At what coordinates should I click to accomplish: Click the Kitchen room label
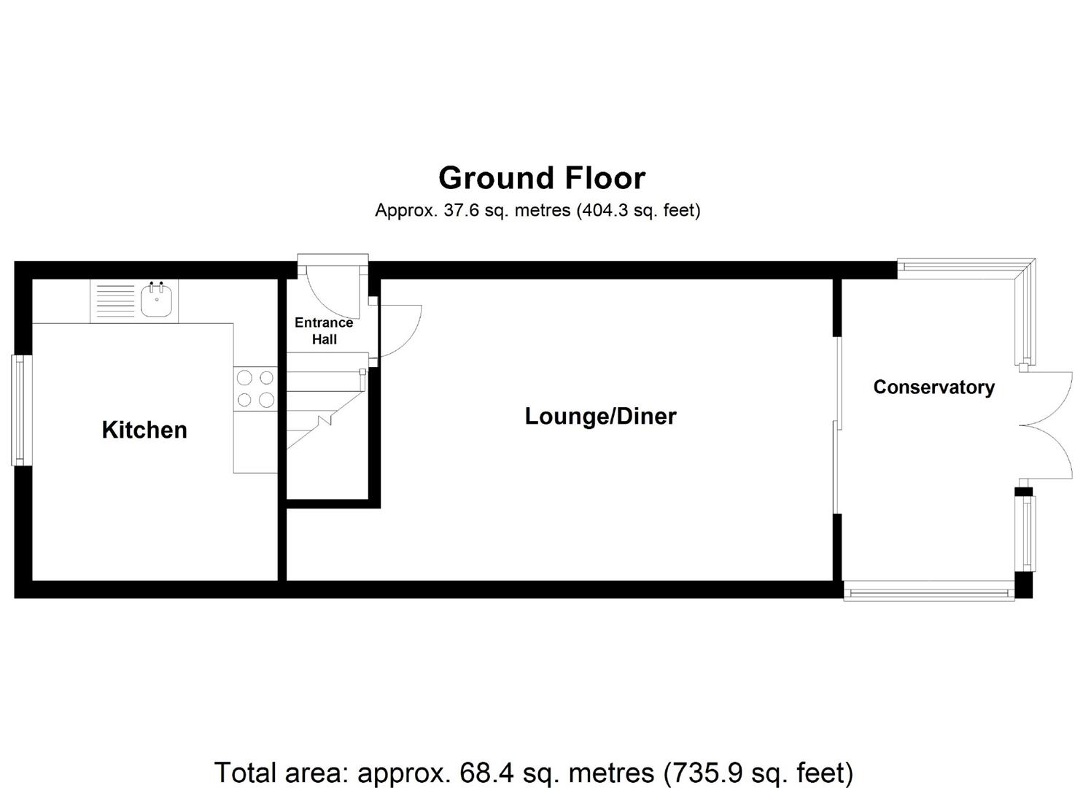click(144, 430)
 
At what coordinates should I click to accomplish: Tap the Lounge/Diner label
click(600, 416)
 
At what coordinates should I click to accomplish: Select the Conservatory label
click(933, 387)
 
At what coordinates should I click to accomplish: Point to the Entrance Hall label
click(324, 331)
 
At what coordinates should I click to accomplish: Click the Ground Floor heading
click(542, 178)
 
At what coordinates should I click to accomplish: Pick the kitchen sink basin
click(157, 301)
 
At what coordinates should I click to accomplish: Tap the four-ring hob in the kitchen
click(255, 388)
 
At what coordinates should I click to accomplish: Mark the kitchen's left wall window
click(21, 409)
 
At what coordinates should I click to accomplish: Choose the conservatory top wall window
click(963, 268)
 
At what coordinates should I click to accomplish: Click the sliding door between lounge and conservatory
click(837, 425)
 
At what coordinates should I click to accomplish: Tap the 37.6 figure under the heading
click(459, 211)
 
